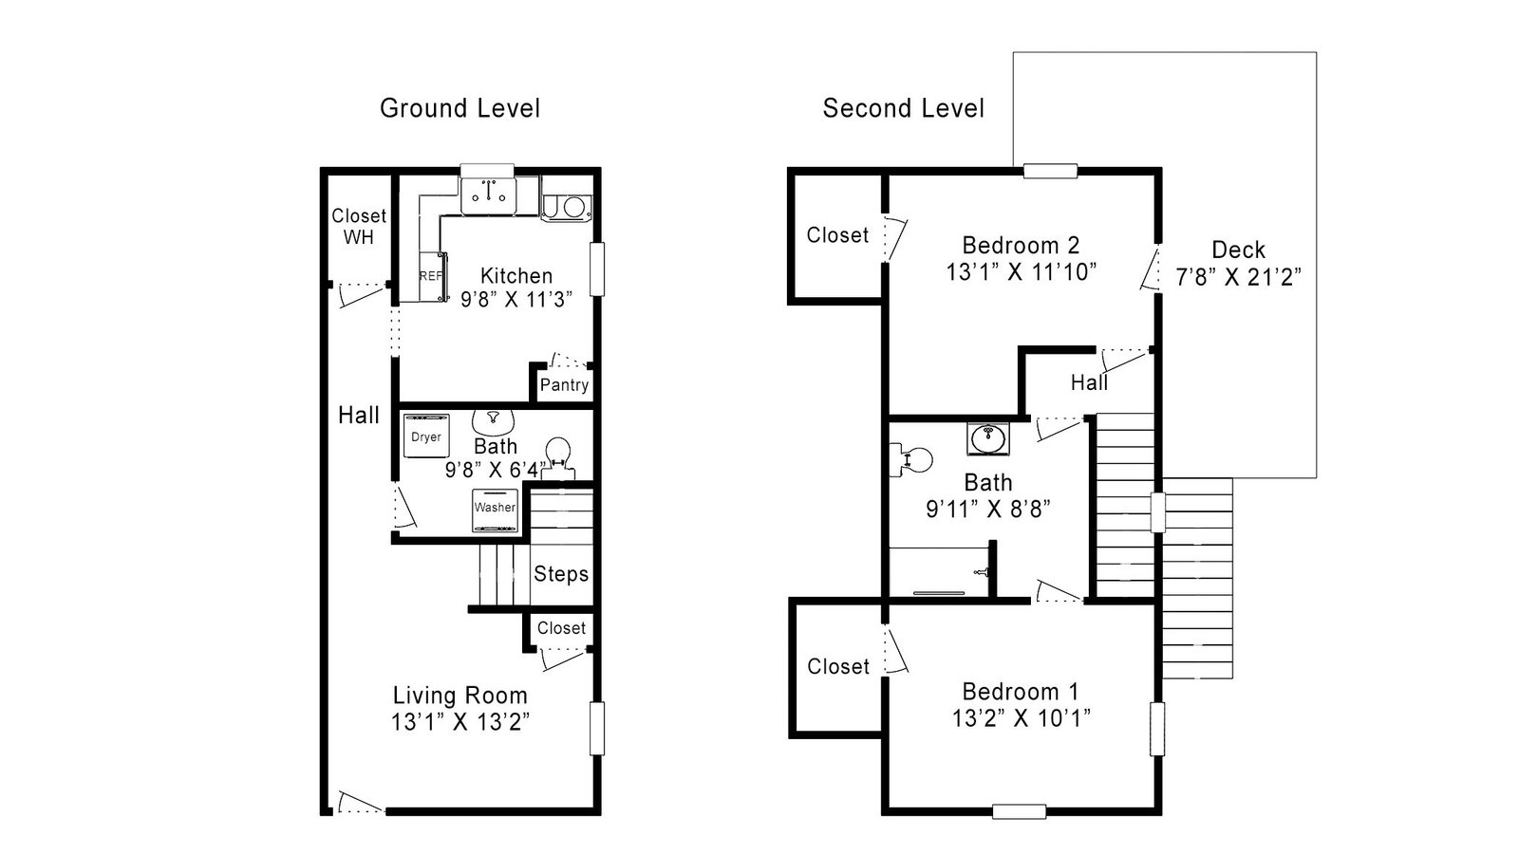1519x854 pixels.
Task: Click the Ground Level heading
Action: pyautogui.click(x=459, y=108)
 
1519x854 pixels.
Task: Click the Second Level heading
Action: pyautogui.click(x=903, y=108)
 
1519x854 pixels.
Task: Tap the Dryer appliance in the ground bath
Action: pyautogui.click(x=426, y=436)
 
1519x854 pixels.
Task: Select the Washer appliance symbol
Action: pyautogui.click(x=495, y=510)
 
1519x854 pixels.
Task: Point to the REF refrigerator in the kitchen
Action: pyautogui.click(x=433, y=276)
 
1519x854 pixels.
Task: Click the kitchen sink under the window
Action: pyautogui.click(x=488, y=195)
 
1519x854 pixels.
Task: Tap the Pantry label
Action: pyautogui.click(x=564, y=385)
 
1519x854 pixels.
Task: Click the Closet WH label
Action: pyautogui.click(x=359, y=227)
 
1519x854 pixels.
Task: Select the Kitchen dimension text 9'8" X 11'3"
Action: pyautogui.click(x=516, y=299)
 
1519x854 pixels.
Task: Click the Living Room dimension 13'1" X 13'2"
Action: pyautogui.click(x=459, y=722)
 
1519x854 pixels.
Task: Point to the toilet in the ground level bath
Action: pyautogui.click(x=558, y=457)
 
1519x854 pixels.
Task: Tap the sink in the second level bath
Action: pyautogui.click(x=988, y=438)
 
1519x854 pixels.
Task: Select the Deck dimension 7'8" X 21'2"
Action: pyautogui.click(x=1238, y=277)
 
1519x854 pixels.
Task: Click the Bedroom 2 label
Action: pyautogui.click(x=1021, y=245)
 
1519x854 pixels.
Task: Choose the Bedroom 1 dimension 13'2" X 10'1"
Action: pyautogui.click(x=1021, y=717)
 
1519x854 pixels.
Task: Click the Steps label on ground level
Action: pyautogui.click(x=561, y=574)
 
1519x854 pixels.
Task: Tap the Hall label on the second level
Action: pyautogui.click(x=1089, y=383)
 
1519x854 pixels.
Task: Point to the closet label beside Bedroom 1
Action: pyautogui.click(x=838, y=666)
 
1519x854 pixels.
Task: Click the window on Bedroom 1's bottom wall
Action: pyautogui.click(x=1020, y=811)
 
